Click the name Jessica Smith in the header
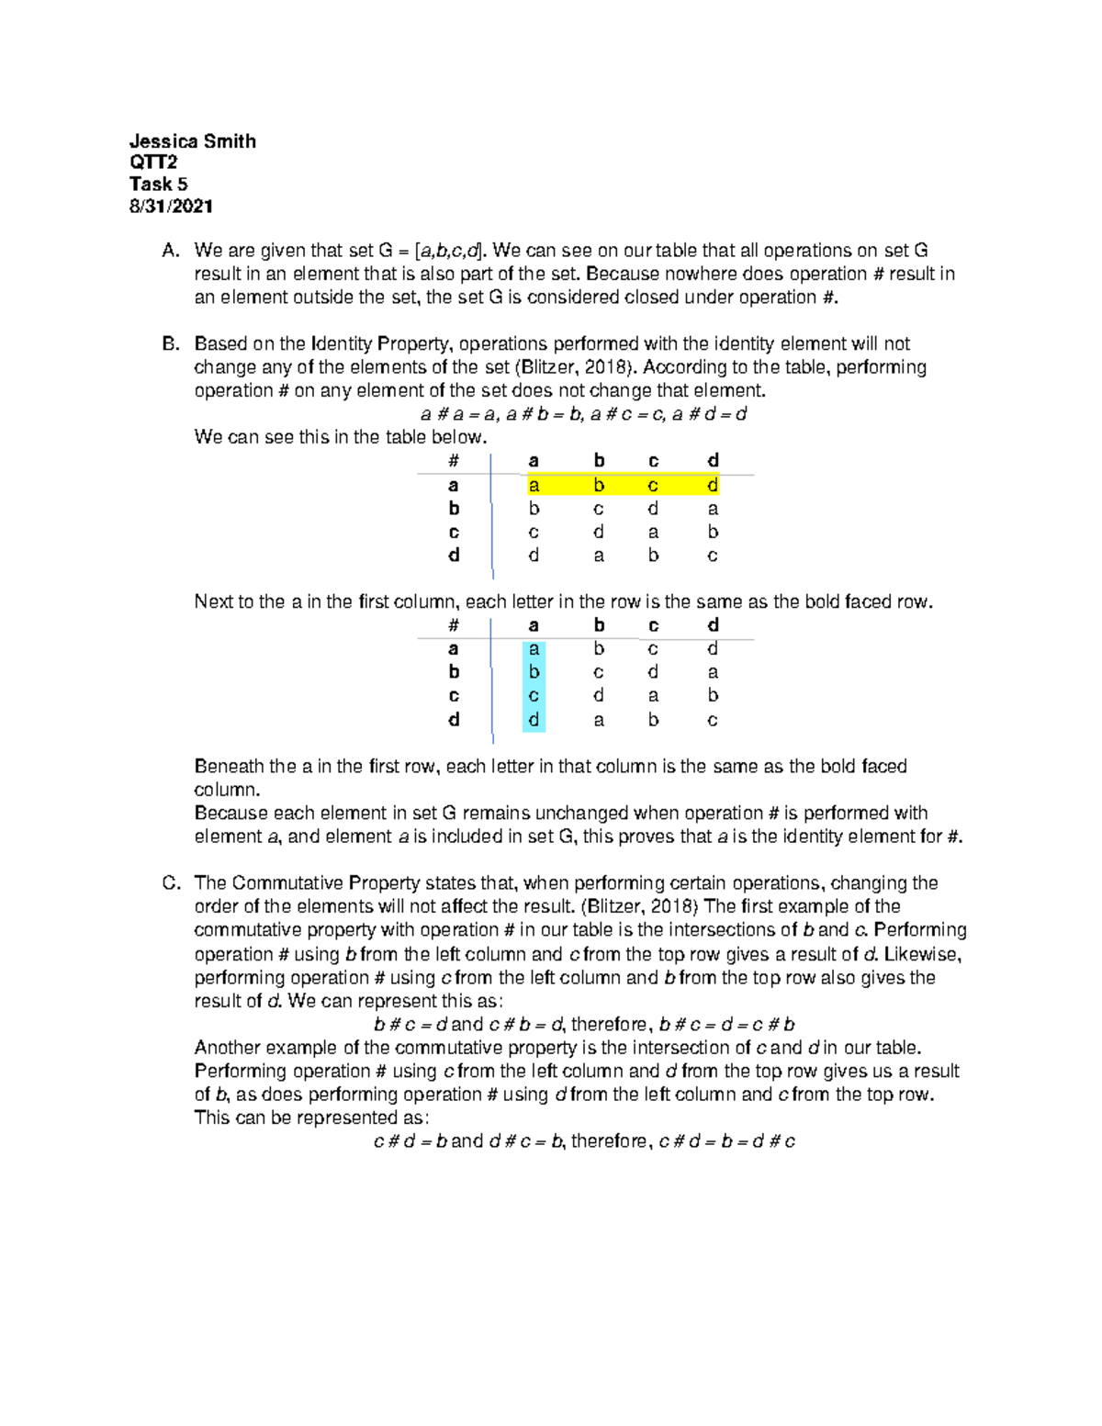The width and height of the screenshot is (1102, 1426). pyautogui.click(x=192, y=141)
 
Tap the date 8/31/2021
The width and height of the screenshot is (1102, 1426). pyautogui.click(x=171, y=207)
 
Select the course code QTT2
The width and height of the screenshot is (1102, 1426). pyautogui.click(x=153, y=163)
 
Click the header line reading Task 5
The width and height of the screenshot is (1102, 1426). pyautogui.click(x=158, y=185)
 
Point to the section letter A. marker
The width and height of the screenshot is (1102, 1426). pyautogui.click(x=170, y=251)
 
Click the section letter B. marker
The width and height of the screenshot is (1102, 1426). pyautogui.click(x=170, y=344)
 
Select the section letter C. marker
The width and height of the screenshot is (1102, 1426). pyautogui.click(x=171, y=883)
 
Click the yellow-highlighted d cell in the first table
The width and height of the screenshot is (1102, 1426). pyautogui.click(x=713, y=485)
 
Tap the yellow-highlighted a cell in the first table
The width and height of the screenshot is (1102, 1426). pyautogui.click(x=534, y=485)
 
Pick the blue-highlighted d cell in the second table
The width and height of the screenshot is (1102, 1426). pyautogui.click(x=534, y=720)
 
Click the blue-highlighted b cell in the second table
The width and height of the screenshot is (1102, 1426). pyautogui.click(x=534, y=672)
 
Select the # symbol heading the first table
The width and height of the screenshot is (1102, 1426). pyautogui.click(x=453, y=461)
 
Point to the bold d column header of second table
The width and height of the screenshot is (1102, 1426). pyautogui.click(x=713, y=625)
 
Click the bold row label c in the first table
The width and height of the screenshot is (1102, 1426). pyautogui.click(x=454, y=533)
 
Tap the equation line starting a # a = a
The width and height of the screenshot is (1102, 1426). pyautogui.click(x=583, y=414)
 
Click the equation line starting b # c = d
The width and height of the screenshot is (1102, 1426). pyautogui.click(x=584, y=1025)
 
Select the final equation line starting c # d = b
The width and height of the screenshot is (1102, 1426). pyautogui.click(x=584, y=1141)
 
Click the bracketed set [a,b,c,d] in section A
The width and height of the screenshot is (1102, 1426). pyautogui.click(x=449, y=251)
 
